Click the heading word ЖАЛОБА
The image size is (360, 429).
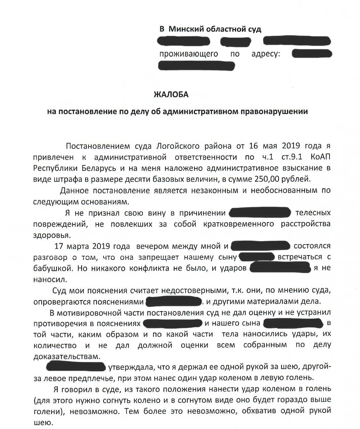pos(171,95)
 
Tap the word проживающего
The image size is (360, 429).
pos(188,54)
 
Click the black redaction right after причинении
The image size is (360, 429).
pos(259,213)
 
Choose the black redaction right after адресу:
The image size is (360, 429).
pos(312,54)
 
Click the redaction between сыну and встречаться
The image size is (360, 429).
pos(257,257)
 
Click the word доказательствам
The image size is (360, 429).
pos(67,356)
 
